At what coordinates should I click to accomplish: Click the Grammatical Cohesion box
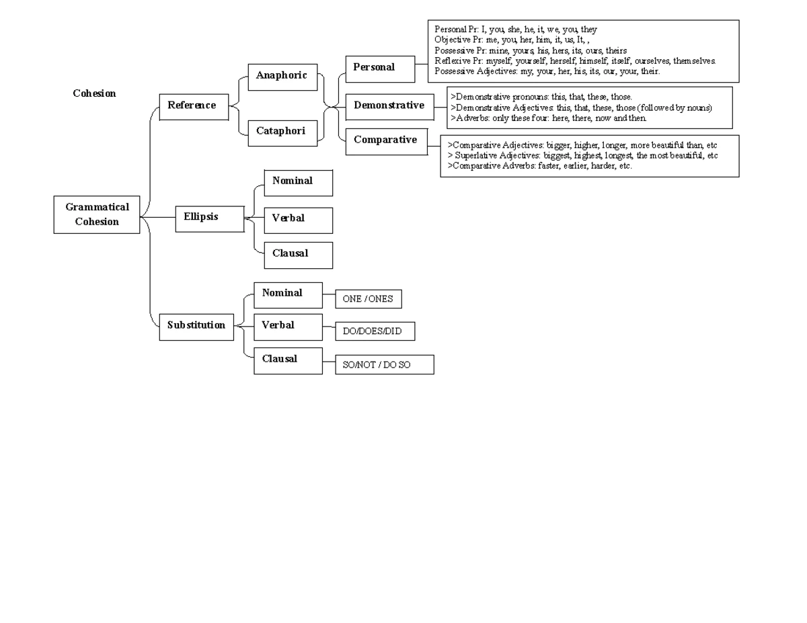click(97, 214)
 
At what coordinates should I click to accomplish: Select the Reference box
click(194, 107)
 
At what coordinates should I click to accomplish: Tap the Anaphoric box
click(282, 77)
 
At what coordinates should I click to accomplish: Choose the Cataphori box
click(282, 133)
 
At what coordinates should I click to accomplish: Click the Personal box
click(380, 69)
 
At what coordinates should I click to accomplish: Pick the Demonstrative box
click(389, 107)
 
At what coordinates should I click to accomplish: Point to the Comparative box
click(387, 141)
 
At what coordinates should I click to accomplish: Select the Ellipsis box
click(210, 219)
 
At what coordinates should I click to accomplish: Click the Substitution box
click(196, 327)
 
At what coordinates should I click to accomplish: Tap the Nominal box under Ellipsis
click(298, 183)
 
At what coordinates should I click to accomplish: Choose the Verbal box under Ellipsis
click(298, 220)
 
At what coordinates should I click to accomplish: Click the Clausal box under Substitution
click(288, 361)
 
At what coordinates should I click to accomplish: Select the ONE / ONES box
click(369, 298)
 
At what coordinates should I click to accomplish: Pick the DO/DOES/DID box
click(375, 331)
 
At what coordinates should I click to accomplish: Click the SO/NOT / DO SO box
click(385, 364)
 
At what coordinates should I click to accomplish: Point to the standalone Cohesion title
click(94, 93)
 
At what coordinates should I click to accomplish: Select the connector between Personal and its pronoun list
click(422, 64)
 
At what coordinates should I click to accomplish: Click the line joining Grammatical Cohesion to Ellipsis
click(158, 217)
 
